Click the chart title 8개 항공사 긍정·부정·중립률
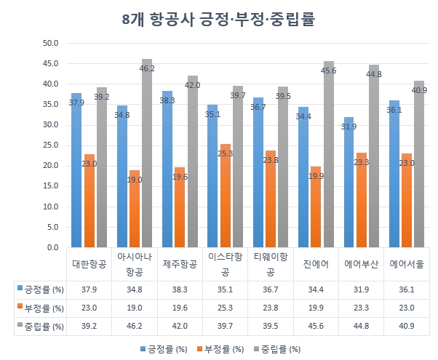(218, 18)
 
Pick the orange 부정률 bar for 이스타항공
(225, 196)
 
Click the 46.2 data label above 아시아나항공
(148, 68)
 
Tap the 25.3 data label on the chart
(225, 153)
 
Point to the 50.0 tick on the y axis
(52, 43)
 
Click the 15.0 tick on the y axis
(52, 186)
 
